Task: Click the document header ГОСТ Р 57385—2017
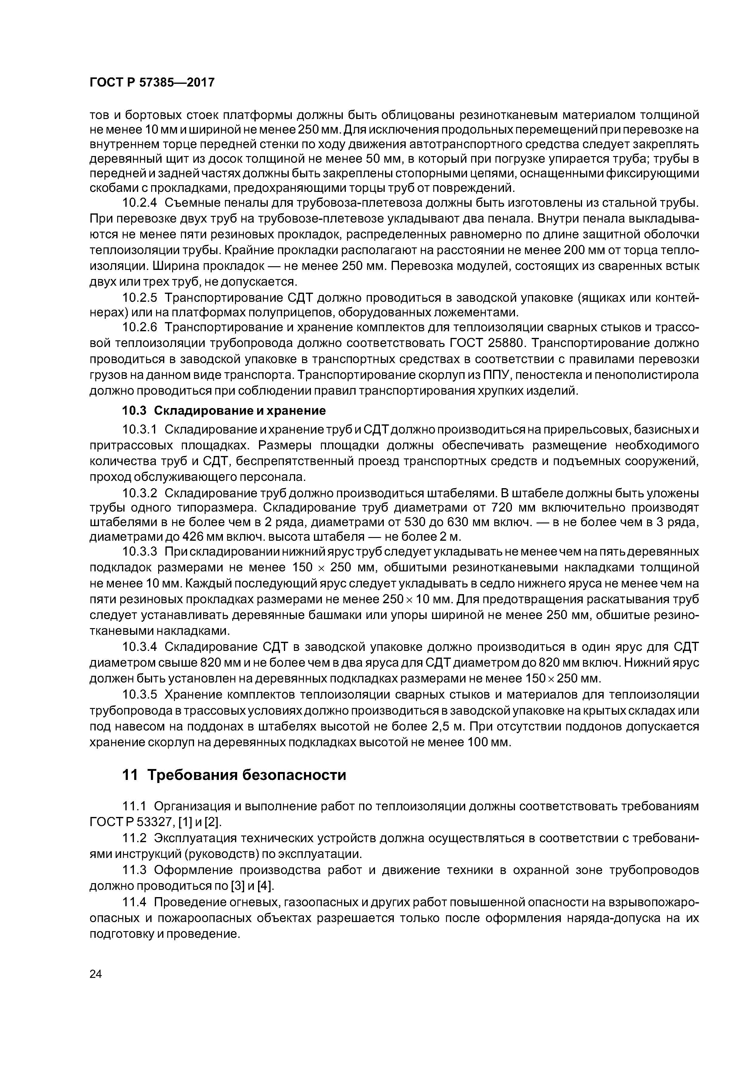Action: click(x=152, y=83)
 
